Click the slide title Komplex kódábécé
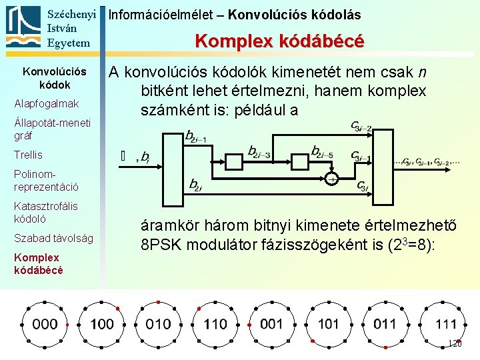[279, 41]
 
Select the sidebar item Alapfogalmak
[46, 103]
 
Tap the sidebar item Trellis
[28, 155]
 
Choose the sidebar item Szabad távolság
[53, 238]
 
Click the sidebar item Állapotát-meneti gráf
[46, 129]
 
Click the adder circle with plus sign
[331, 179]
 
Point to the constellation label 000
[45, 325]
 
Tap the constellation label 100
[102, 325]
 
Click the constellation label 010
[159, 325]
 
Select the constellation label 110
[215, 325]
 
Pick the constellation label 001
[272, 324]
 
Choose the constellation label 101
[329, 324]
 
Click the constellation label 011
[385, 324]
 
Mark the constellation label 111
[445, 325]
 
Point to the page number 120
[454, 344]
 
